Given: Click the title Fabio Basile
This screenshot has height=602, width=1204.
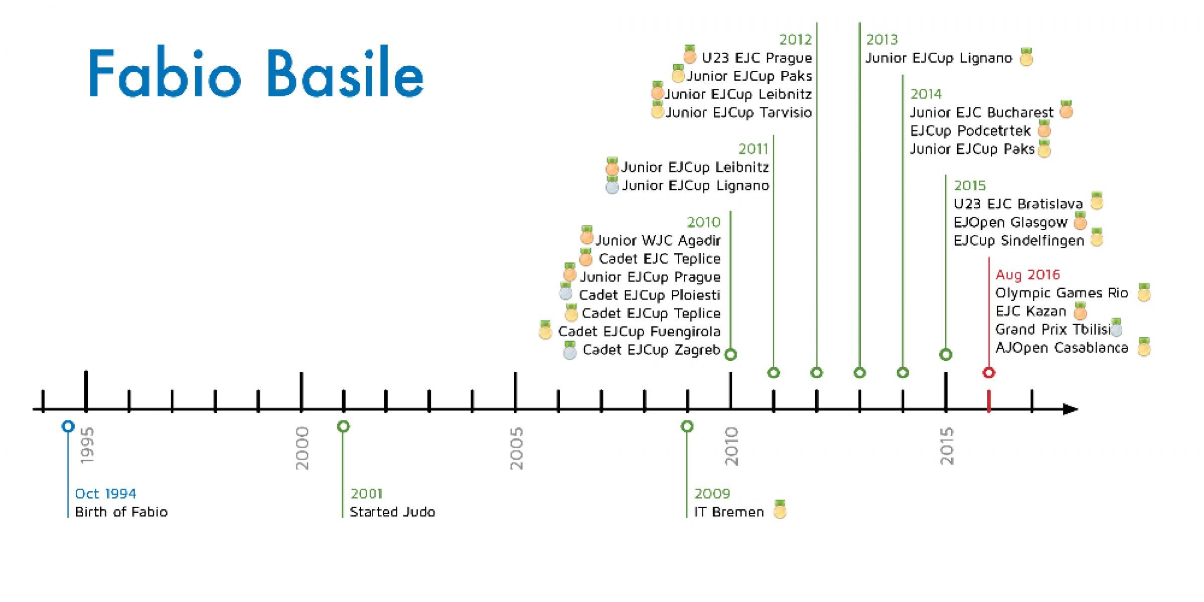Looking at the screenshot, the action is click(256, 73).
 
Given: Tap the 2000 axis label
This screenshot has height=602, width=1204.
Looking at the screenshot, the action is click(302, 448).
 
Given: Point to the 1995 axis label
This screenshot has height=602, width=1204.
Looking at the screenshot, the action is click(87, 445).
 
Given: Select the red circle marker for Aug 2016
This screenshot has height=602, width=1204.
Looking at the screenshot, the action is click(989, 373).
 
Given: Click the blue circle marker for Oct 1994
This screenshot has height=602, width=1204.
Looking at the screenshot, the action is click(68, 426).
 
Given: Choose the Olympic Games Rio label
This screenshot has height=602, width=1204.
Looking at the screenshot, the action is click(1062, 293).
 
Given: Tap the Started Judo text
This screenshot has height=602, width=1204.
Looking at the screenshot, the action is click(392, 512).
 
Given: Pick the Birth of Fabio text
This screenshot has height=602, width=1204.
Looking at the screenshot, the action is click(121, 512).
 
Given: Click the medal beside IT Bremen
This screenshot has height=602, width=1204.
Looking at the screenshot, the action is click(780, 510).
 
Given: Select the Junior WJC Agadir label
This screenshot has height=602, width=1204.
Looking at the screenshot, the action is click(658, 240).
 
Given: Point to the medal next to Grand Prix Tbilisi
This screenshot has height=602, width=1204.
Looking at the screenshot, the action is click(1116, 328).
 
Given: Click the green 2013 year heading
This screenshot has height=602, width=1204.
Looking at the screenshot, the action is click(882, 40).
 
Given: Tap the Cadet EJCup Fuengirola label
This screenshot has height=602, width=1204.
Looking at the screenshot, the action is click(639, 332).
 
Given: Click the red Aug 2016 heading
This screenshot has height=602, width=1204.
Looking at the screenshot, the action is click(1027, 275).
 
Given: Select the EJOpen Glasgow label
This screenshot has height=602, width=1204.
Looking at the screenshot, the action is click(1010, 222).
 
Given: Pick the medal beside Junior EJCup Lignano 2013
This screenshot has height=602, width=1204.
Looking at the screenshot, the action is click(1026, 57).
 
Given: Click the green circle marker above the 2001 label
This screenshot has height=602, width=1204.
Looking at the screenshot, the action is click(343, 426).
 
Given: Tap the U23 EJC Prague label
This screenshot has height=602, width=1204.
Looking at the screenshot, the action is click(757, 58).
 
